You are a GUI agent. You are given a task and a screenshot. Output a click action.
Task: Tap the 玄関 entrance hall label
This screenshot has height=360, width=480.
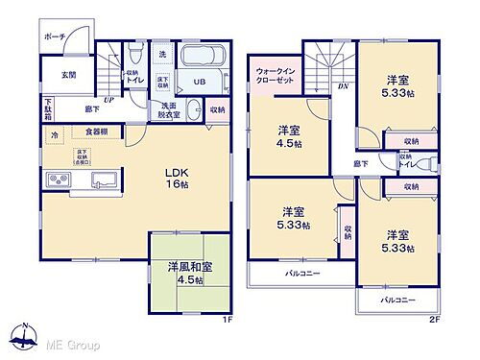click(57, 74)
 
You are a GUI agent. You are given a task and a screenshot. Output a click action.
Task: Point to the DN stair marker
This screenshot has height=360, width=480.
click(343, 85)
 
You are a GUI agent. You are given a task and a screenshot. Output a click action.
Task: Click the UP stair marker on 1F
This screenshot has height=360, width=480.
click(110, 98)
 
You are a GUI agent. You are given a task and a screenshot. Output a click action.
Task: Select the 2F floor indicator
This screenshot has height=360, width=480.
click(434, 320)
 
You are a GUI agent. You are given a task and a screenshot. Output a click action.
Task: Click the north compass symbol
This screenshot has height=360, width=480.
click(20, 336)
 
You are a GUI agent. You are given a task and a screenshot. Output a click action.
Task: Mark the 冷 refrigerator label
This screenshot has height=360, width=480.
click(55, 135)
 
